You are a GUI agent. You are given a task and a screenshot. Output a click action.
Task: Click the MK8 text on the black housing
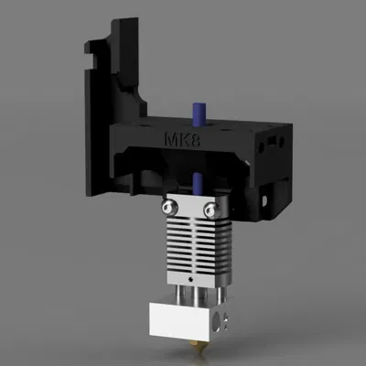point(180,142)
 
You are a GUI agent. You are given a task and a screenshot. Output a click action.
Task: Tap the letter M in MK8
point(170,142)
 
